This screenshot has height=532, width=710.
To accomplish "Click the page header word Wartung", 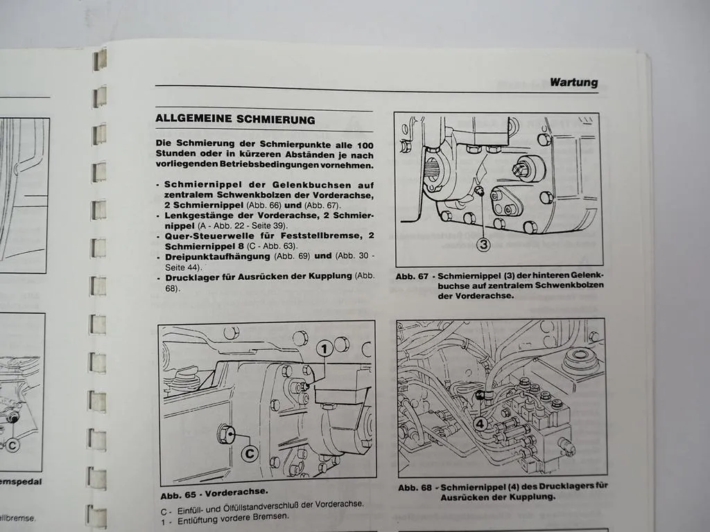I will pos(573,82).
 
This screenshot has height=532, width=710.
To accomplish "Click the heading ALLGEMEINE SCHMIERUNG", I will pos(235,119).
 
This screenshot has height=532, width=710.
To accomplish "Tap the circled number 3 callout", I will pos(484,243).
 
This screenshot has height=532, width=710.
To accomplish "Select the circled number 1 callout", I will pos(324,349).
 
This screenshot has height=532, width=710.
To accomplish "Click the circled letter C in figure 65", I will pos(250,453).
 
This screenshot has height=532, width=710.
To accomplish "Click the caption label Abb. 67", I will pos(411,276).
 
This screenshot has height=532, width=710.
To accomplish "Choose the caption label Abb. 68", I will pos(414,487).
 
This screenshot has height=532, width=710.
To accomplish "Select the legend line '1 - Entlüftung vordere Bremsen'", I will pos(223,516).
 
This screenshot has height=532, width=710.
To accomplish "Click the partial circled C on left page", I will pos(11,447).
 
